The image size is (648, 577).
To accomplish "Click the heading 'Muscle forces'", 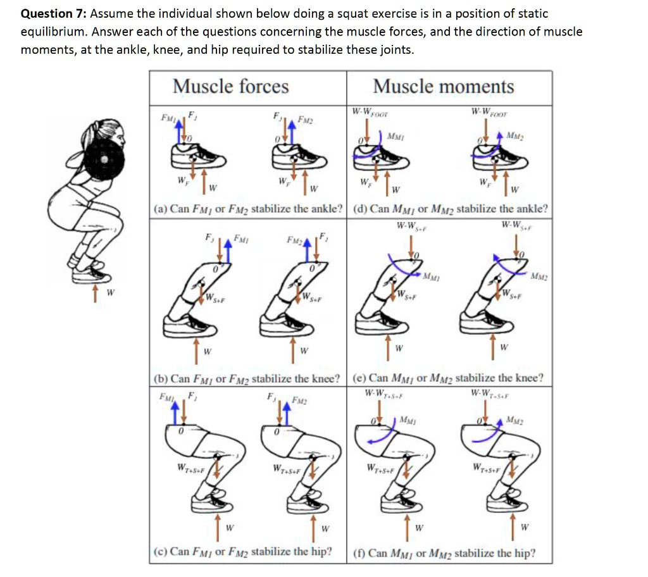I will click(230, 86).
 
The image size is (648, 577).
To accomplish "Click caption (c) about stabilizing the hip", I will click(244, 551).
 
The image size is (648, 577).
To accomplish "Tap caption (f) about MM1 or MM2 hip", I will click(444, 552).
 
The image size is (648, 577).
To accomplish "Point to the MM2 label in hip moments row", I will click(514, 421).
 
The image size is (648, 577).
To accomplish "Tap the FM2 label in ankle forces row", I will click(305, 120).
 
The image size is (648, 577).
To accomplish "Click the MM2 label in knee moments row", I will click(540, 276).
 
